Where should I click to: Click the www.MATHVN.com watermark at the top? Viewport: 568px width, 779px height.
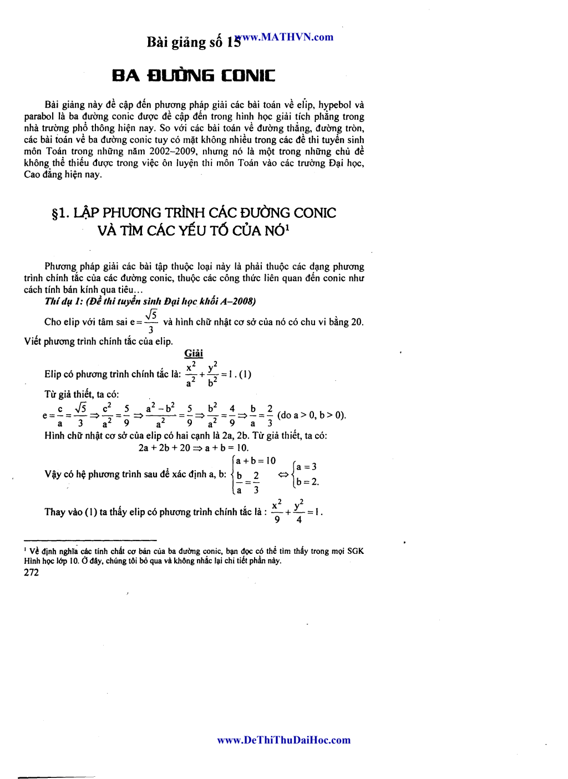coord(286,37)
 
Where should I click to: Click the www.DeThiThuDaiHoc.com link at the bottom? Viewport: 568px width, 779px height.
coord(283,740)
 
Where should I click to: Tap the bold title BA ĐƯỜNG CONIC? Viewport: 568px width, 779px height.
coord(194,75)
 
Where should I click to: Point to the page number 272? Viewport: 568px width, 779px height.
coord(32,573)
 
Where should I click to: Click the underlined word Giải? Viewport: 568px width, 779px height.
coord(194,353)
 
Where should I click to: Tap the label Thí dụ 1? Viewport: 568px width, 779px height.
coord(64,301)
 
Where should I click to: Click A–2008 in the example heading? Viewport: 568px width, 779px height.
coord(238,301)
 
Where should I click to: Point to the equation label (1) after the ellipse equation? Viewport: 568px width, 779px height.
coord(245,374)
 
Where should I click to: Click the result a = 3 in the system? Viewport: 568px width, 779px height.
coord(306,467)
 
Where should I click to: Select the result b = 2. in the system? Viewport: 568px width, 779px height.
coord(307,482)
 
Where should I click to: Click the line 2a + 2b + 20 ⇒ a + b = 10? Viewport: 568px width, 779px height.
coord(194,448)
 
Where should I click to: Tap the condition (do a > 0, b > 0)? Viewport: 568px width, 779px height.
coord(312,415)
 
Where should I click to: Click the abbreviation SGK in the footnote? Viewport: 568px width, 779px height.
coord(356,551)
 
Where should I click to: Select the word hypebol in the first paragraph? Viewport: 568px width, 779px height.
coord(334,105)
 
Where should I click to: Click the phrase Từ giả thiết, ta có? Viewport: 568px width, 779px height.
coord(82,394)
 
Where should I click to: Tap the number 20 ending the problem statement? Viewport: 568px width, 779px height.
coord(356,322)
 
